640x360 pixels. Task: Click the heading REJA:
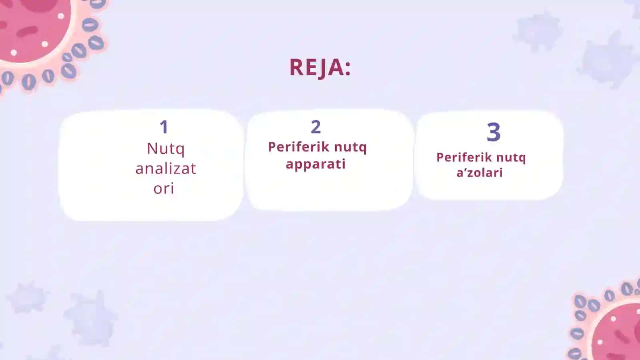click(x=320, y=68)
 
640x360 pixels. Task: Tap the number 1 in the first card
click(x=164, y=127)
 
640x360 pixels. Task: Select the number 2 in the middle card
click(x=316, y=127)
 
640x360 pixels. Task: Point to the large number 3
click(x=494, y=132)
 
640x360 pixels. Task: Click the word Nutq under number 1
click(x=166, y=149)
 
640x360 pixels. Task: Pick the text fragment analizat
click(x=166, y=168)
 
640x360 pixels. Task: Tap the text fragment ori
click(x=164, y=188)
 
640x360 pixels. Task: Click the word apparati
click(x=316, y=164)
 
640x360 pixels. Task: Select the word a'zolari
click(x=480, y=172)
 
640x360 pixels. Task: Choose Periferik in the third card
click(x=464, y=158)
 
